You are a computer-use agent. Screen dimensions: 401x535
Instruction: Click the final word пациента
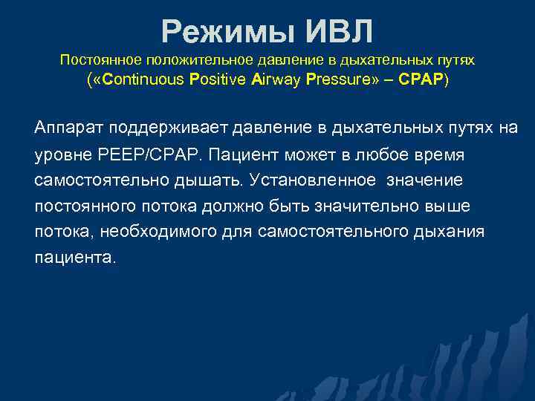click(x=75, y=258)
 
